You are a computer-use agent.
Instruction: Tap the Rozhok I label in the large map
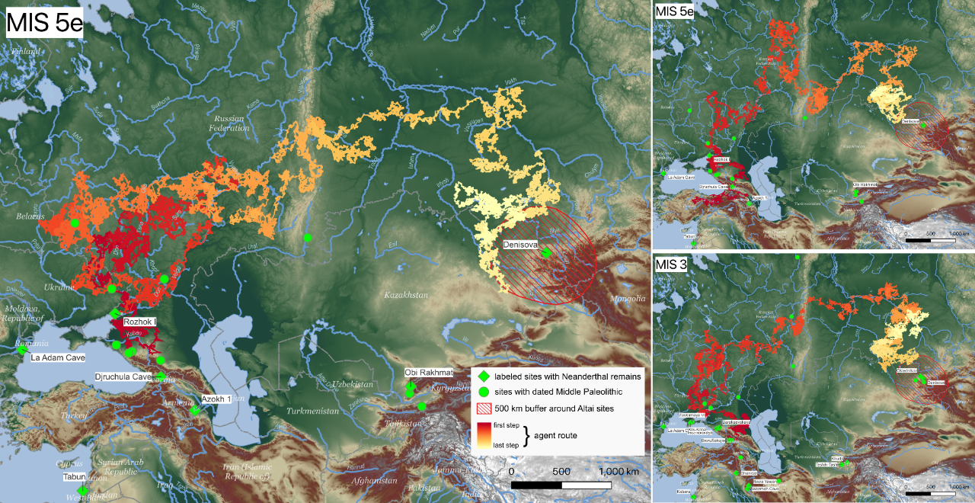139,322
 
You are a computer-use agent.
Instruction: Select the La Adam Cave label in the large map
58,357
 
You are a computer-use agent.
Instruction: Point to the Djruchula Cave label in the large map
123,377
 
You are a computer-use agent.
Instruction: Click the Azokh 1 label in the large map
216,399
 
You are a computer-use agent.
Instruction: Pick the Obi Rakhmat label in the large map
429,372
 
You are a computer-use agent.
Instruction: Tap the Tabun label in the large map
75,477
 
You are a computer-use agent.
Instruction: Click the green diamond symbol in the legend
482,376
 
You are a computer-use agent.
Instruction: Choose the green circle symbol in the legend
482,392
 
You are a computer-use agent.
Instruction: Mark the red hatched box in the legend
482,408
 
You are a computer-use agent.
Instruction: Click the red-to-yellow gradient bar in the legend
482,434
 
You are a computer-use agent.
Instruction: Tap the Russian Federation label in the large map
232,123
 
